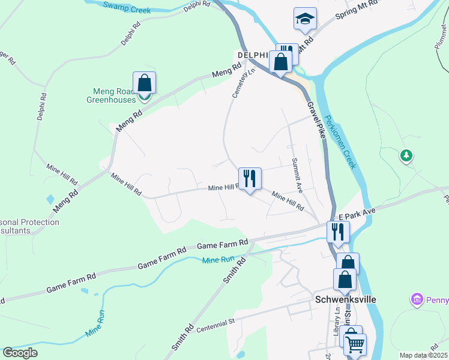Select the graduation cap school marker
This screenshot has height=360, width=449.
305,20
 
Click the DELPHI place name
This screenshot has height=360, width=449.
252,55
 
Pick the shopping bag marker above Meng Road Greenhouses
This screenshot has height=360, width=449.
144,83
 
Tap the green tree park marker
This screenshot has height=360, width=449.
406,157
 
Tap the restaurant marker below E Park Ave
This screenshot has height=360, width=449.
338,232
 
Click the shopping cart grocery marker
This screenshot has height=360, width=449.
355,344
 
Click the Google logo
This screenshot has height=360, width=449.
20,353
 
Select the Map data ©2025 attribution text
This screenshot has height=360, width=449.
423,355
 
